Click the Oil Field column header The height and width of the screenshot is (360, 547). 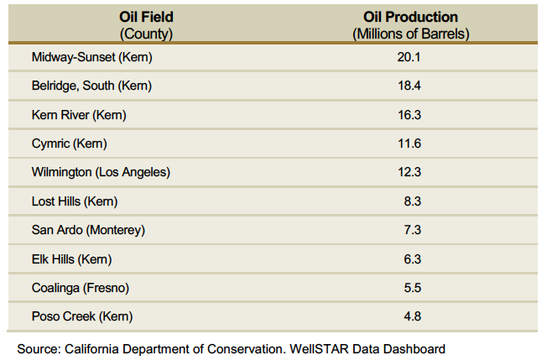[146, 25]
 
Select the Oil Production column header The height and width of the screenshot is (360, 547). [410, 25]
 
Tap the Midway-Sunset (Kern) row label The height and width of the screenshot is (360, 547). [92, 57]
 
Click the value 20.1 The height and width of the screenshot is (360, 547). [409, 57]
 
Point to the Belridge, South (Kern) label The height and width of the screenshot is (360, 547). [91, 86]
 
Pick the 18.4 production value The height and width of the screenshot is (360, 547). [409, 86]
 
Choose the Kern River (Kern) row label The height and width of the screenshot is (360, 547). [79, 115]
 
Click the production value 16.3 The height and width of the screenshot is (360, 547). [409, 115]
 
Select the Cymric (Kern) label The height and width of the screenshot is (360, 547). [69, 143]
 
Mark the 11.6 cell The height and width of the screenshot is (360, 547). [409, 143]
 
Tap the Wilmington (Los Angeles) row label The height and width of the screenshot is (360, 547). [101, 172]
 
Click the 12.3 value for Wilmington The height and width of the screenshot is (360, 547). [409, 172]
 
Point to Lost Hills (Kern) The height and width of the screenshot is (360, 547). [75, 201]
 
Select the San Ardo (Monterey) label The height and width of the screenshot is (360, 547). [88, 230]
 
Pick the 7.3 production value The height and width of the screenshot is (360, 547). [412, 230]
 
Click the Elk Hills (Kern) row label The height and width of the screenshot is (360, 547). [71, 259]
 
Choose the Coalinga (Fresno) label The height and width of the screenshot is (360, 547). [81, 288]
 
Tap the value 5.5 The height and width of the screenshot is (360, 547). [412, 288]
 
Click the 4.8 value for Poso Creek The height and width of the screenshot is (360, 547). [412, 316]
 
